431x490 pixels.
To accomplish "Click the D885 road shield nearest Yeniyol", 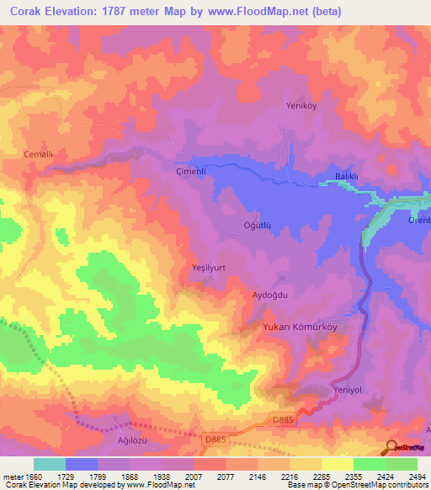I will [x=284, y=419].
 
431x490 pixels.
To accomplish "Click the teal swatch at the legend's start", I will [x=50, y=464].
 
